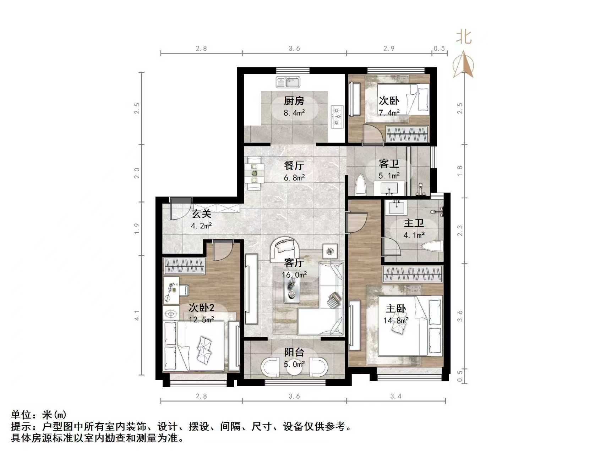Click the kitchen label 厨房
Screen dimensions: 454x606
click(x=294, y=101)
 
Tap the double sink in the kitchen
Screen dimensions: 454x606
click(x=288, y=82)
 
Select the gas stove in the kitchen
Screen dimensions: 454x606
click(x=337, y=116)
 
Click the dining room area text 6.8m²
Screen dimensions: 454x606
click(x=294, y=178)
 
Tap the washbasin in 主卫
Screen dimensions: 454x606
click(x=397, y=207)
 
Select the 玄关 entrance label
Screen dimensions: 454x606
click(x=201, y=214)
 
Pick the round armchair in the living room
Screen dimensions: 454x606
click(x=285, y=248)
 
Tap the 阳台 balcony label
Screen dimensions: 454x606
click(x=294, y=352)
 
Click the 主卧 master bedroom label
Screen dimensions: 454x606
click(x=396, y=309)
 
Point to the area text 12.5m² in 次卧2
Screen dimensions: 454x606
click(x=201, y=320)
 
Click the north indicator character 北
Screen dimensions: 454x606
click(x=464, y=37)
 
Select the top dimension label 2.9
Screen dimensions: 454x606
click(x=389, y=49)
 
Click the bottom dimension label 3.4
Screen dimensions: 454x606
click(x=396, y=396)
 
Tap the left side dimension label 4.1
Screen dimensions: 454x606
click(x=137, y=315)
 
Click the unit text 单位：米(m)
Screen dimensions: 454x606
click(x=39, y=415)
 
